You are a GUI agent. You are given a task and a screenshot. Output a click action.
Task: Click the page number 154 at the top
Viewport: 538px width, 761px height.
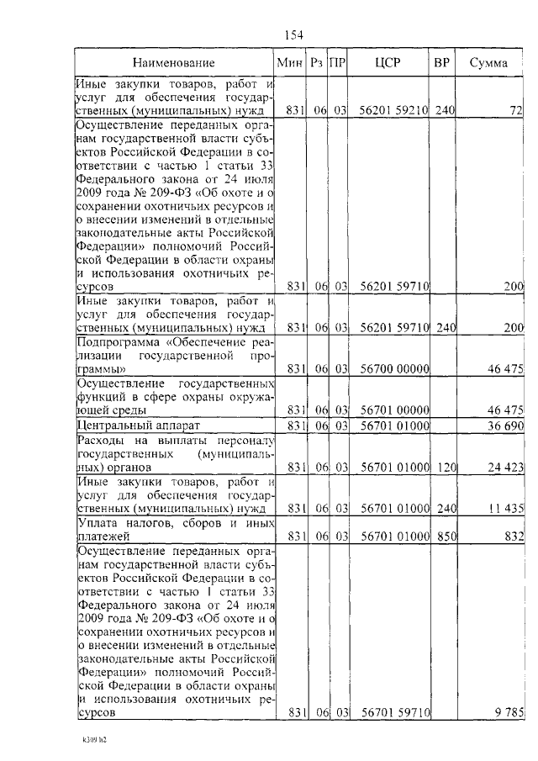click(293, 34)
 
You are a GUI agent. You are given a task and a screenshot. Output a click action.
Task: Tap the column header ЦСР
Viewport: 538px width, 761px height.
click(387, 62)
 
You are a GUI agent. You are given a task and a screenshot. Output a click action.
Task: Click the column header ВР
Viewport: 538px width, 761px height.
click(440, 62)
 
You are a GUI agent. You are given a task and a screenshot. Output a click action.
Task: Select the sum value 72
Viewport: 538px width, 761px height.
click(516, 109)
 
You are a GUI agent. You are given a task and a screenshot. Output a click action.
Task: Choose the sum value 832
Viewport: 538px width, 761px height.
click(513, 536)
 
